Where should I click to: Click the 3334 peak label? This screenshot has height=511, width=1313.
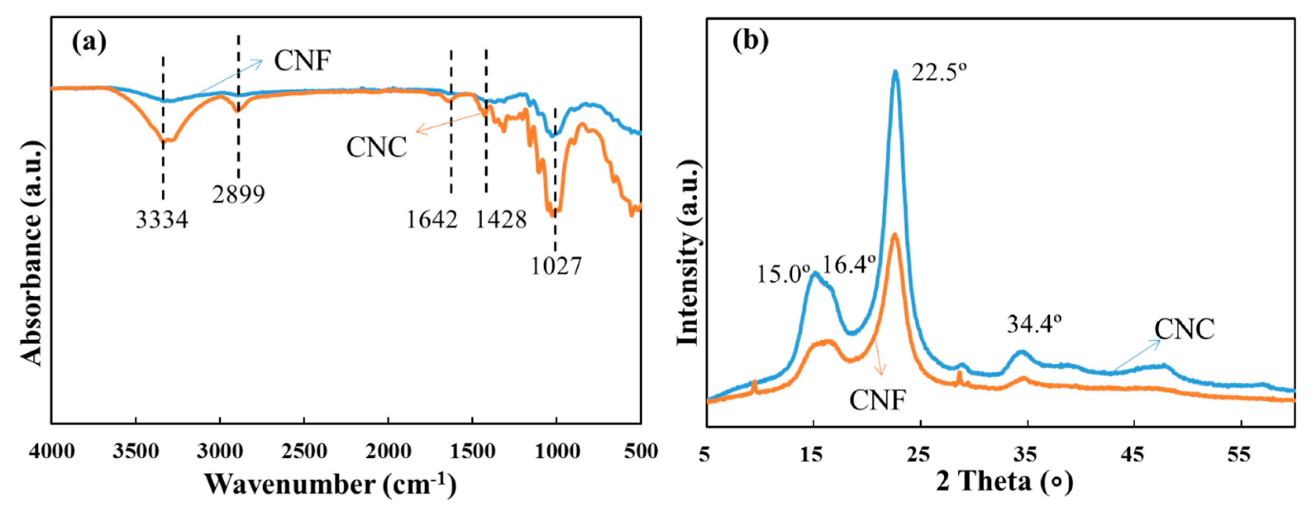(162, 220)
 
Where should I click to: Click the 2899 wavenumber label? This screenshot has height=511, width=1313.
(239, 194)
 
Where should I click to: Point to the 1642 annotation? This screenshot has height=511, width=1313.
(432, 220)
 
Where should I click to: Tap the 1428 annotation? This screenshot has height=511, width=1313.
(501, 220)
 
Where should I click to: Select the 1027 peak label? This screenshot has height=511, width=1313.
(556, 266)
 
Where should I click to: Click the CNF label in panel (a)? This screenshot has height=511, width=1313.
(303, 61)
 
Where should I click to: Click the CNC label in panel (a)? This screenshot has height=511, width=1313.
(377, 148)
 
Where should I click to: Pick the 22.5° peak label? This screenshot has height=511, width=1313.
(939, 73)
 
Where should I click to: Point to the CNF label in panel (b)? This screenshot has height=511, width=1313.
(877, 400)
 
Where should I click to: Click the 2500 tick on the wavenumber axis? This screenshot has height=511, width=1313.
(304, 451)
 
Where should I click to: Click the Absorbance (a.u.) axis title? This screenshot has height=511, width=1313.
(32, 254)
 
